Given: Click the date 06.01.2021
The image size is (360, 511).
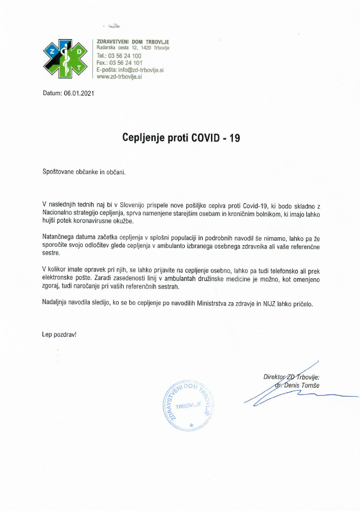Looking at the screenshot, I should click(x=79, y=93).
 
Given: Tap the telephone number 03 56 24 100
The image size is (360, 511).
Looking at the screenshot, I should click(x=124, y=56).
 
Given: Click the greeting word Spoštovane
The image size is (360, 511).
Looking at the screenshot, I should click(x=59, y=171).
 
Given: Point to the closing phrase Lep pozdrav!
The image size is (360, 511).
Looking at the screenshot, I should click(x=59, y=334).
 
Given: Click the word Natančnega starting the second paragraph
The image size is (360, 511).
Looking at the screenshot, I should click(x=60, y=238).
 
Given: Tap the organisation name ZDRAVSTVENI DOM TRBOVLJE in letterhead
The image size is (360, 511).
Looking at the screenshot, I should click(x=133, y=41).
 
